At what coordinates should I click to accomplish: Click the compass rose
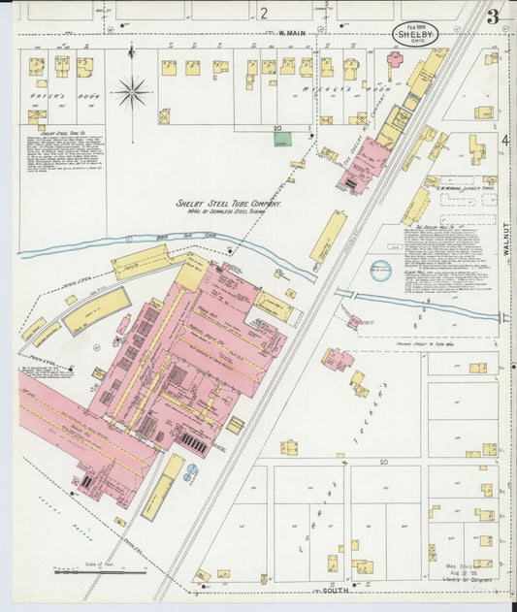point(131,93)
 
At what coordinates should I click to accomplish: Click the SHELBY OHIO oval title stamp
point(415,33)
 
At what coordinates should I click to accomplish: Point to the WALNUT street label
point(506,238)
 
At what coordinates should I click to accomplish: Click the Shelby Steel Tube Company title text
point(228,205)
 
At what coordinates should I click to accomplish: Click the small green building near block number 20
point(282,140)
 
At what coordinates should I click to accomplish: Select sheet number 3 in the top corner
point(493,16)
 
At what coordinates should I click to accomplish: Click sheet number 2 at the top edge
point(263,14)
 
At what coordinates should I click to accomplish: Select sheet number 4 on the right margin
point(506,140)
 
